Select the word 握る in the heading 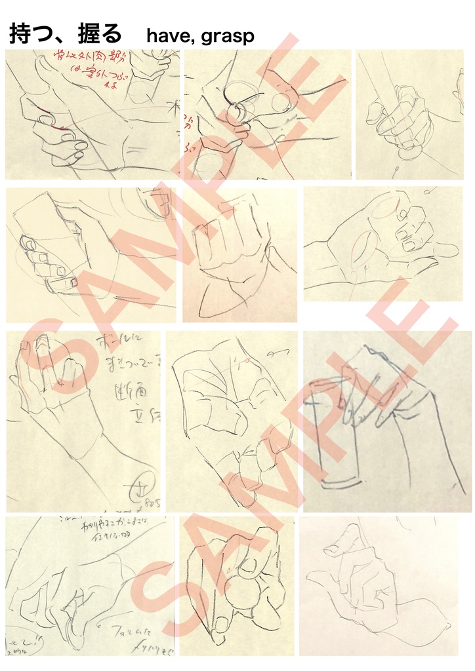(97, 35)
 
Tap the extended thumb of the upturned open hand (446, 250)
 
